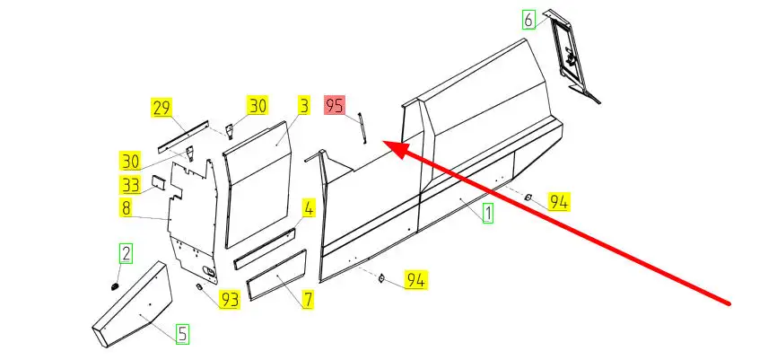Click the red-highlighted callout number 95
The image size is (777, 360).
[336, 105]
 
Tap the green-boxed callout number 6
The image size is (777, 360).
[528, 19]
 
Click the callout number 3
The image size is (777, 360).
[304, 106]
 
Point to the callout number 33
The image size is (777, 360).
[130, 186]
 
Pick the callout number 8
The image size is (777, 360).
[127, 208]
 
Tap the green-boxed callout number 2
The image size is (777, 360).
[127, 253]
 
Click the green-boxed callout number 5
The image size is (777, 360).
[181, 334]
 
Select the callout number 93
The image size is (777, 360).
[231, 299]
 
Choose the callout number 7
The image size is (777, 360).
[308, 299]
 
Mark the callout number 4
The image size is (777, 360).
[308, 209]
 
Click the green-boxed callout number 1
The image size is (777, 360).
[488, 214]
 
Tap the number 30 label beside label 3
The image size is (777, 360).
[258, 106]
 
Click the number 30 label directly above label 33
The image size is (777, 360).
[130, 162]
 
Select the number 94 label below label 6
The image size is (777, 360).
[558, 202]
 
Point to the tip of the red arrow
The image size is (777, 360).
[387, 144]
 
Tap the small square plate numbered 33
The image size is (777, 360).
[155, 182]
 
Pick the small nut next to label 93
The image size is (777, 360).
[200, 286]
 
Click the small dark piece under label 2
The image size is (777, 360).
[116, 285]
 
